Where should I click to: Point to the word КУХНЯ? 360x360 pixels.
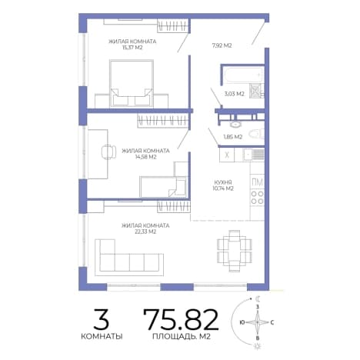pos(223,182)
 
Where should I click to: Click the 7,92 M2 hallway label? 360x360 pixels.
pos(222,45)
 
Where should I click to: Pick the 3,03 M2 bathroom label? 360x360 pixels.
pos(234,94)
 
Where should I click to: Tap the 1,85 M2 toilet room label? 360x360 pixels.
pos(233,137)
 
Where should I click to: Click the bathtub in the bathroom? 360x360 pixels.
pos(243,75)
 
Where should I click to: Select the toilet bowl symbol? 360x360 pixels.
pos(257,134)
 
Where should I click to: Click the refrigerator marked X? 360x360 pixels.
pos(227,155)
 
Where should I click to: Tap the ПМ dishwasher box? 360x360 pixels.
pos(258,182)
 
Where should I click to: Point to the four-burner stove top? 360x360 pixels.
pos(257,198)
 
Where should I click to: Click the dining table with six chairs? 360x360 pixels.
pos(235,252)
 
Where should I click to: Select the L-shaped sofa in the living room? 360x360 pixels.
pos(129,258)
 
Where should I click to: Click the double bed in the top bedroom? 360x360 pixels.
pos(132,84)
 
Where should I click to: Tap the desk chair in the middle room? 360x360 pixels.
pos(108,152)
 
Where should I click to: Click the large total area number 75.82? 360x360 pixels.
pos(181,319)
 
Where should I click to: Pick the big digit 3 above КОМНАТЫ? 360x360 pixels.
pos(102,319)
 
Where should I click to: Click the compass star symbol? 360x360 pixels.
pos(258,322)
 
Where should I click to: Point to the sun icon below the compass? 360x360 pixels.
pos(257,346)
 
